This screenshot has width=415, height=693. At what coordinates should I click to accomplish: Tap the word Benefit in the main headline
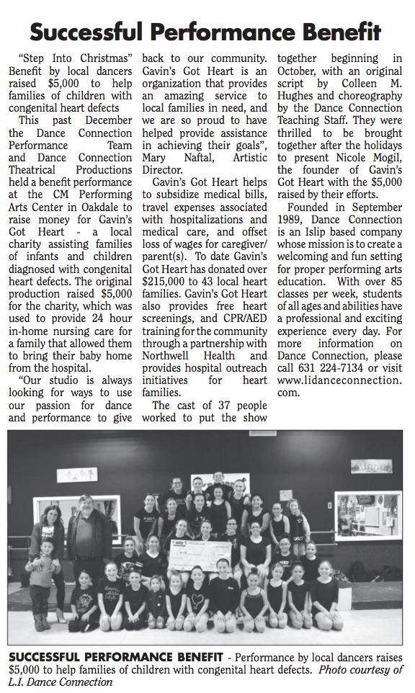click(339, 32)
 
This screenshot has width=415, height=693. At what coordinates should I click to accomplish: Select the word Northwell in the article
click(172, 356)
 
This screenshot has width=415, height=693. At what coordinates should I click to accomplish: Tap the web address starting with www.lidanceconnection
click(339, 380)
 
